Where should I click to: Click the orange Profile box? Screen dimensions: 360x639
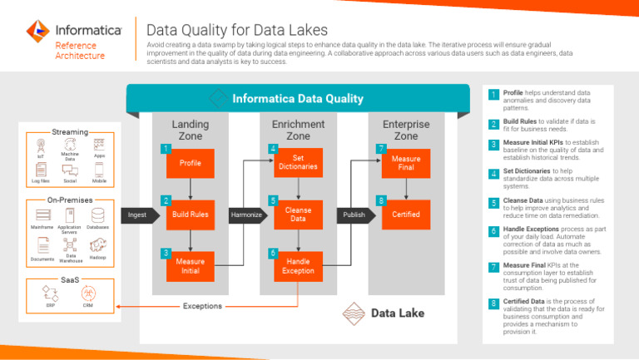(x=191, y=163)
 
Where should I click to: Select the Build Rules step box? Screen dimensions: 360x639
(x=191, y=215)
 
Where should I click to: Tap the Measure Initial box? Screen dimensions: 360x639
(x=191, y=265)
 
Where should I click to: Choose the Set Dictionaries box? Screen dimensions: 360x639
(x=298, y=163)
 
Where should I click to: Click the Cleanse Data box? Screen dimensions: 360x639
(x=298, y=215)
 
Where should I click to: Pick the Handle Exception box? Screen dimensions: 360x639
(x=298, y=265)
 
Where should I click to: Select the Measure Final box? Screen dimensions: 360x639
(x=405, y=163)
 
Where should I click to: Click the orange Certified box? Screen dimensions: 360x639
(x=405, y=215)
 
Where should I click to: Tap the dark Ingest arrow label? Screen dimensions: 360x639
(x=137, y=215)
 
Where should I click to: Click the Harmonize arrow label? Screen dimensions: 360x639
(x=245, y=215)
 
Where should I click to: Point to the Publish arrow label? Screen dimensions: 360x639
(x=353, y=215)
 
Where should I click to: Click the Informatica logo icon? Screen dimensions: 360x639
(x=37, y=32)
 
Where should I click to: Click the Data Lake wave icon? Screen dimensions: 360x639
(x=354, y=313)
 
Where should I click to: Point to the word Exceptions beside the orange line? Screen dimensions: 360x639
(x=202, y=306)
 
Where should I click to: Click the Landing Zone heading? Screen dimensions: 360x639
(x=191, y=130)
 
